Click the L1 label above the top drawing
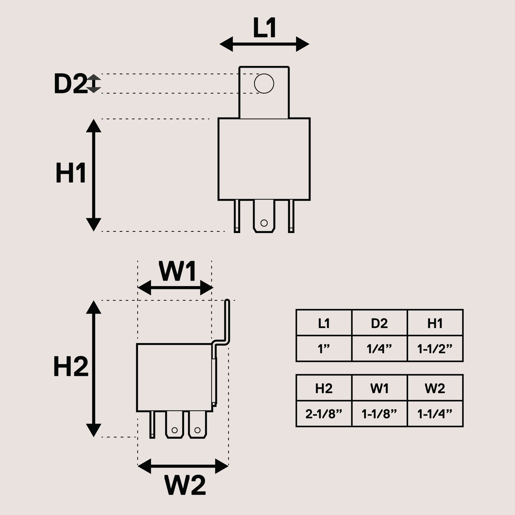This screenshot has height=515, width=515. click(265, 28)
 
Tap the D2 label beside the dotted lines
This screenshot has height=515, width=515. click(70, 84)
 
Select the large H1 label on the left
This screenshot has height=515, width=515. click(71, 173)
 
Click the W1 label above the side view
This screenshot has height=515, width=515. click(177, 272)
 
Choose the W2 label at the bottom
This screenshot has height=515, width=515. click(185, 485)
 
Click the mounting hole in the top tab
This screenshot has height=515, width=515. click(264, 84)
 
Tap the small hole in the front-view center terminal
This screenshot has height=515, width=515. click(264, 223)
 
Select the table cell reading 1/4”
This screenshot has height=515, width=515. click(379, 349)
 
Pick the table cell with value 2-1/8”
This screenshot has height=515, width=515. click(324, 414)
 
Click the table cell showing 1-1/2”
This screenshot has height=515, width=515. click(435, 349)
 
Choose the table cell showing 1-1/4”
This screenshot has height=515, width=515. click(435, 414)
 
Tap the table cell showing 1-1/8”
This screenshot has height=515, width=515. click(379, 414)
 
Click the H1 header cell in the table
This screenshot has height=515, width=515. click(435, 323)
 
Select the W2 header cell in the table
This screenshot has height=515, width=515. click(435, 388)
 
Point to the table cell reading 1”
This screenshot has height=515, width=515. click(324, 349)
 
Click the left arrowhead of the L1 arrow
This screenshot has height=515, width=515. click(226, 44)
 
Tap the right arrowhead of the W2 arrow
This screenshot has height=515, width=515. click(222, 466)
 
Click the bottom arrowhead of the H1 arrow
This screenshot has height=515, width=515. click(94, 225)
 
